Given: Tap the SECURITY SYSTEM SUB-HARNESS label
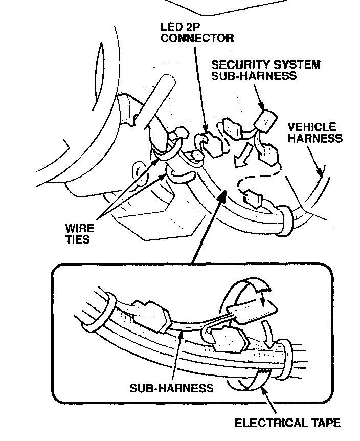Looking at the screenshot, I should (x=266, y=70).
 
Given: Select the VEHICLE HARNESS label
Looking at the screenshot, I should (x=314, y=133).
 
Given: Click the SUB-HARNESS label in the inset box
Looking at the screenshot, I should (x=171, y=387).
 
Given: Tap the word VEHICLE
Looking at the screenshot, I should (x=312, y=127).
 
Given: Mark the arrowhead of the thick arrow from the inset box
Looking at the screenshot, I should (x=222, y=192).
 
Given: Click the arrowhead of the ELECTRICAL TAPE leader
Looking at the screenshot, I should (x=262, y=387).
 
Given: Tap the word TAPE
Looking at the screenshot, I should (x=326, y=423).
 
